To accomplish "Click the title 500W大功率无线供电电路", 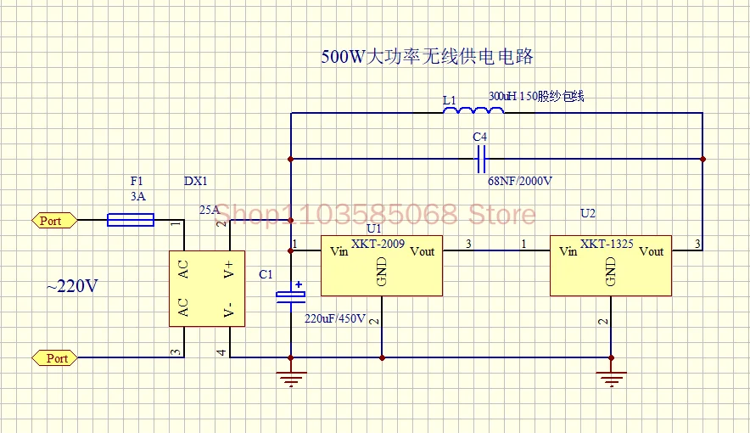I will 427,58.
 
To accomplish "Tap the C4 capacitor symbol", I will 481,159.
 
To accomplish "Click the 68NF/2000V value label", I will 520,181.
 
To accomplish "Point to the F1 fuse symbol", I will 131,221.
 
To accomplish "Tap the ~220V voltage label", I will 72,286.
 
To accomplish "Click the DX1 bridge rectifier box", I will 206,288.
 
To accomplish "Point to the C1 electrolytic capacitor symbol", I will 291,295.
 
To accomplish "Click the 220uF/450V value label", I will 335,319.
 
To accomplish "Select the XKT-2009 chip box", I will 381,266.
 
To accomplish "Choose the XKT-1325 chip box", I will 610,266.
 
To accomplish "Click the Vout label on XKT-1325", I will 652,251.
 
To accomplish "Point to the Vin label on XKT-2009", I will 338,251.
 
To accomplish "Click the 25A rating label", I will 209,209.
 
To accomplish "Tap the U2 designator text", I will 587,213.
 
